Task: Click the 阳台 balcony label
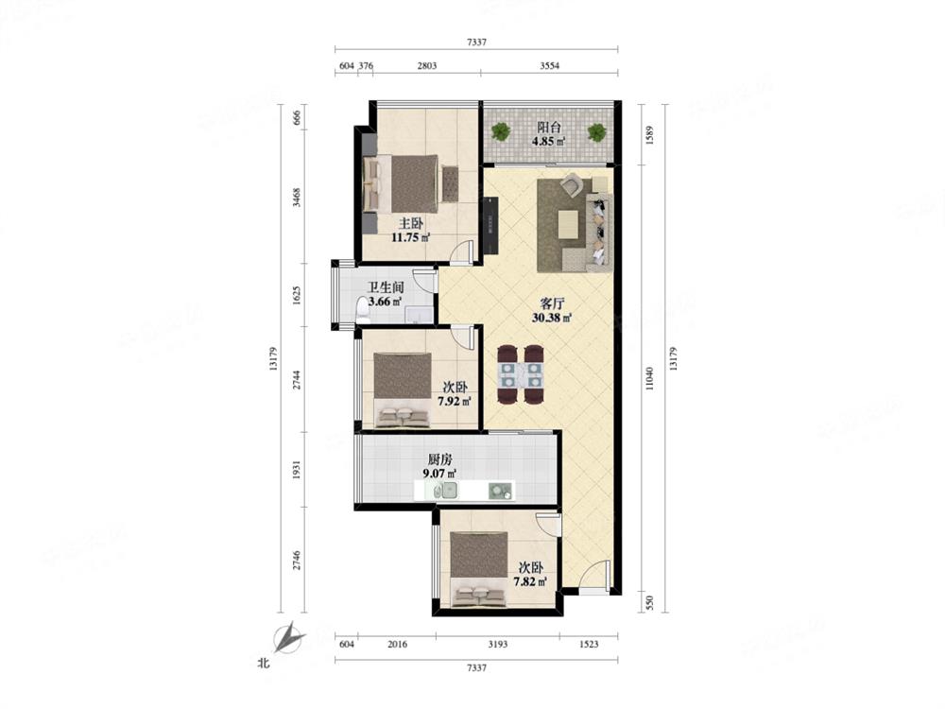(549, 128)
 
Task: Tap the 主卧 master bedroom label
(411, 223)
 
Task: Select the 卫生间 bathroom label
(386, 287)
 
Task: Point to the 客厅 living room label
(552, 303)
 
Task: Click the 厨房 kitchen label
(440, 459)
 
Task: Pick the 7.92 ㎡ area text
(455, 401)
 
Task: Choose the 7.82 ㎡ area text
(530, 581)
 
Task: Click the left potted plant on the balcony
(500, 131)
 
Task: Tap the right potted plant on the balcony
(596, 132)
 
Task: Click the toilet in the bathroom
(363, 309)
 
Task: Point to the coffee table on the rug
(568, 224)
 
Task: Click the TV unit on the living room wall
(491, 225)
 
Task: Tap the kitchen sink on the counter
(449, 491)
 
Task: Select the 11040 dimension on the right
(649, 379)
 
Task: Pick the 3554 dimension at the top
(549, 66)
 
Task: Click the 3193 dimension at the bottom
(497, 644)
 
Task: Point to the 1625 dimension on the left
(297, 295)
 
